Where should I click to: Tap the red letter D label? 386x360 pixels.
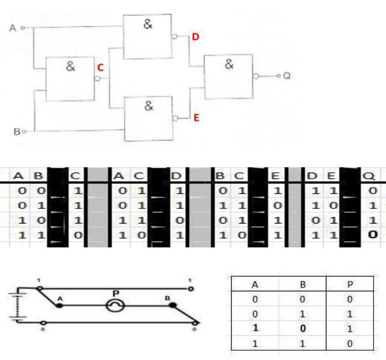click(x=195, y=37)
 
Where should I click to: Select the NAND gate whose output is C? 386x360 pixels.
click(x=70, y=78)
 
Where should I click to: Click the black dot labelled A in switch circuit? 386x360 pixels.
click(x=60, y=306)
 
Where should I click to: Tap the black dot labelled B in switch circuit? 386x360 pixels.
click(x=173, y=306)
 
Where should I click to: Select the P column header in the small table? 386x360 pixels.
click(x=348, y=284)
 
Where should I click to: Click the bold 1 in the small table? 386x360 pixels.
click(x=255, y=327)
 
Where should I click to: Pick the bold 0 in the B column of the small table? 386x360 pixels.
click(x=302, y=327)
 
